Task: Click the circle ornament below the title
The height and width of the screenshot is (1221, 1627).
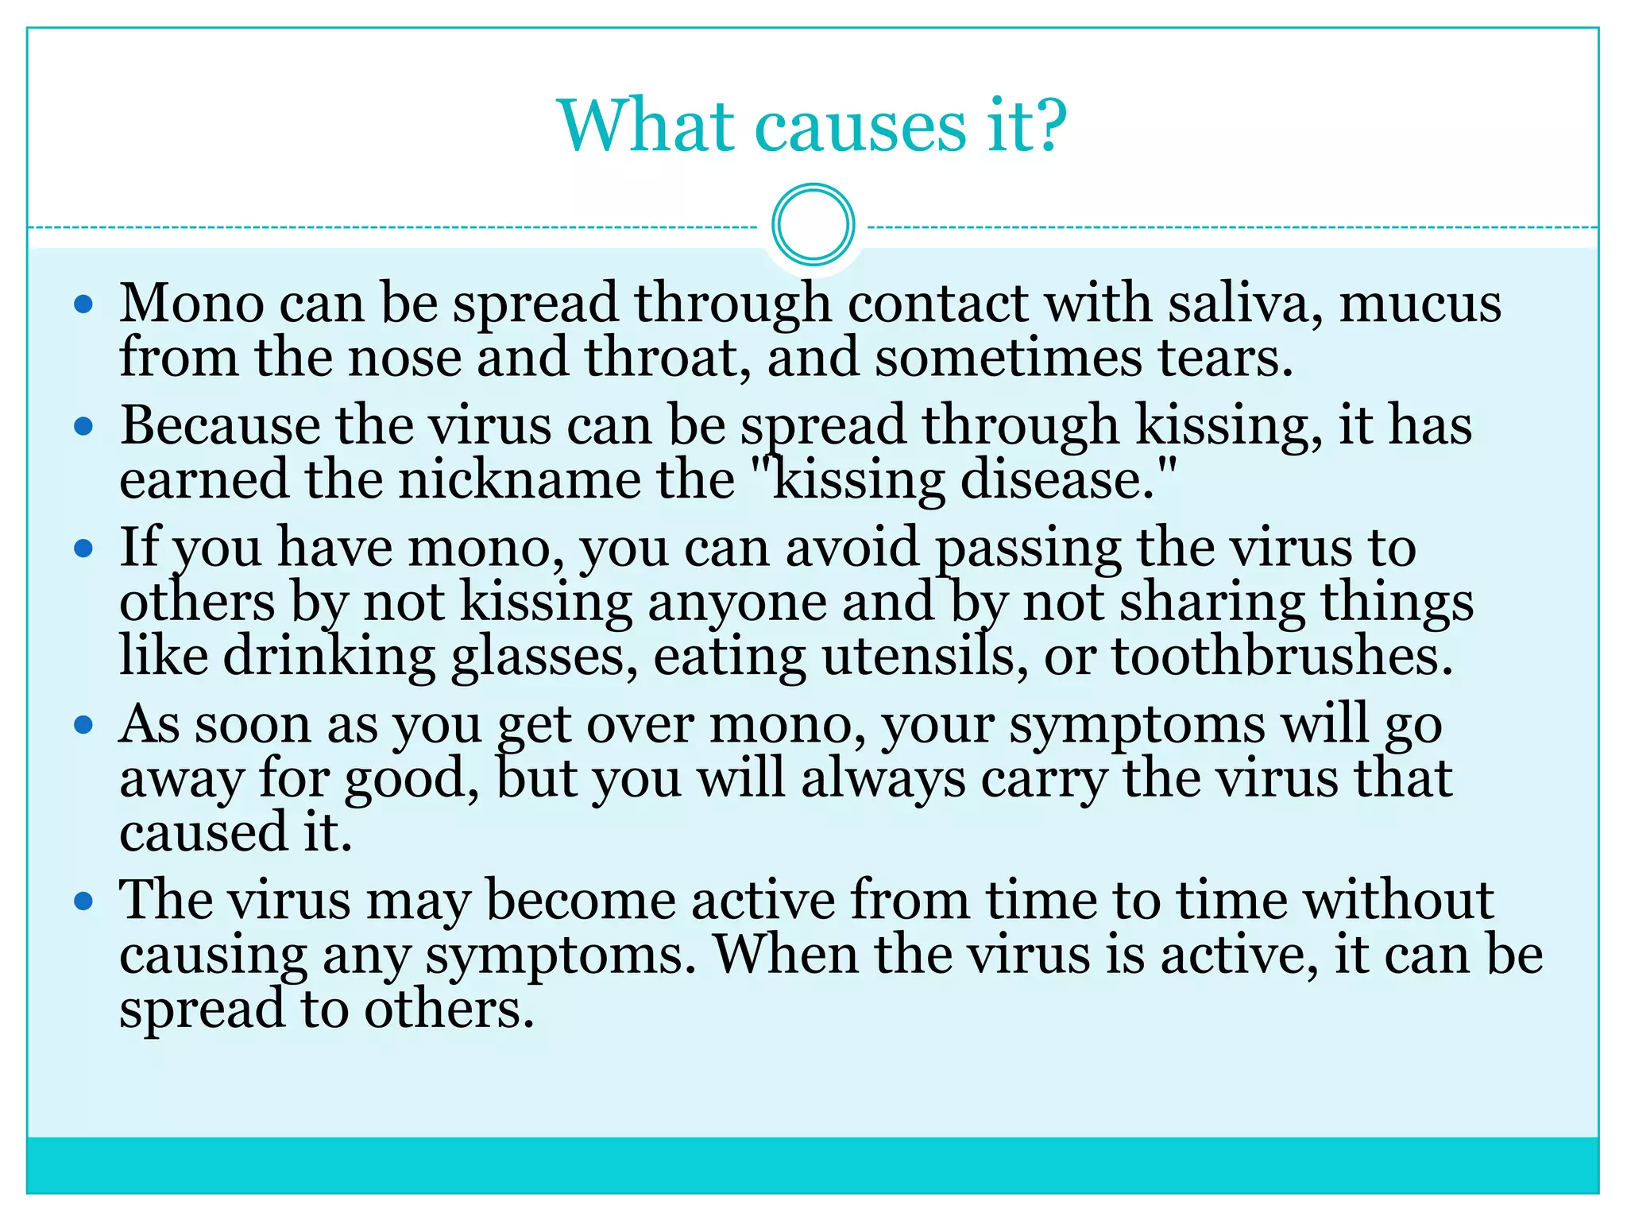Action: [813, 225]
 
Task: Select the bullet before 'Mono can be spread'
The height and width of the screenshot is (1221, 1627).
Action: [83, 304]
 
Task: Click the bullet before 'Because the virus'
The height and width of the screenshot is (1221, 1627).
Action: [83, 426]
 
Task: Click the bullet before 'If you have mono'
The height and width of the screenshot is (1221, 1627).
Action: [83, 548]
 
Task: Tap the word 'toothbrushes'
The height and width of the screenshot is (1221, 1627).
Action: [1281, 657]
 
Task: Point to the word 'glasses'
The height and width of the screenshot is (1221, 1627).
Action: [543, 658]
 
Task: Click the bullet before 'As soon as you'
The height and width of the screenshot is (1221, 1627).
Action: [83, 725]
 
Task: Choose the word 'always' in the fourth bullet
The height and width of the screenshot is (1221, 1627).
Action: [883, 779]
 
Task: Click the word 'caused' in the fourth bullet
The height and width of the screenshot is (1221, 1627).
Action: [203, 833]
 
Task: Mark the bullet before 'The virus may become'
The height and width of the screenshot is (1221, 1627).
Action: [83, 901]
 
